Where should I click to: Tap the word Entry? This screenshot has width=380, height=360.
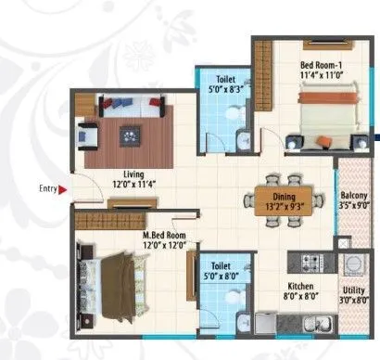48,189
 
